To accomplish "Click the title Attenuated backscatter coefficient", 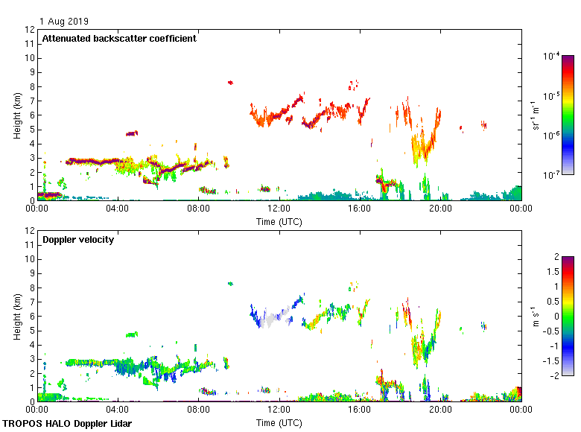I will click(119, 39).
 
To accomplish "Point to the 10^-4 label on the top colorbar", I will click(552, 56).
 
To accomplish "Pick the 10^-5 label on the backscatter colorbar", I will click(552, 96).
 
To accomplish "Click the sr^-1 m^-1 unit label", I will click(536, 115).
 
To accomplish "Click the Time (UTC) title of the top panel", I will click(279, 221).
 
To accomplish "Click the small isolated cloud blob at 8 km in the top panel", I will click(230, 83).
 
